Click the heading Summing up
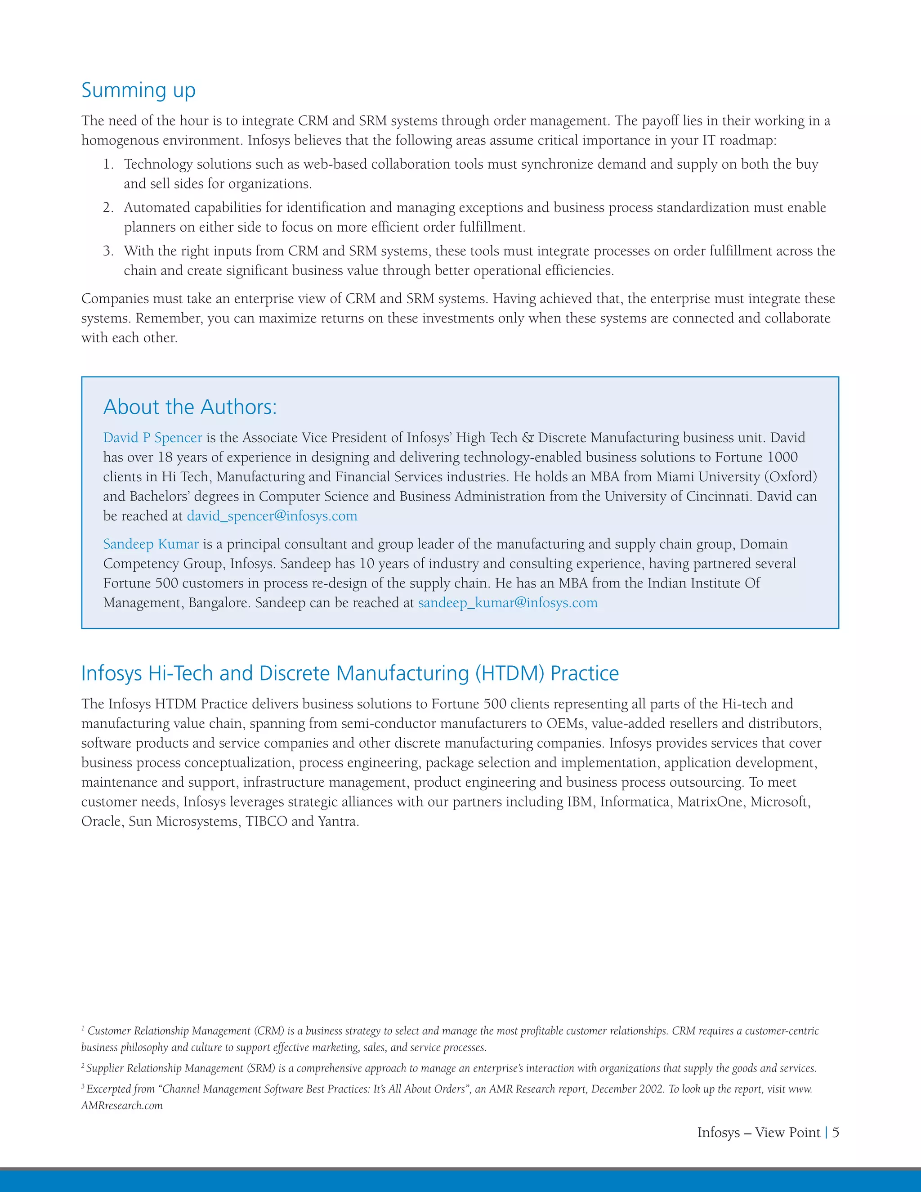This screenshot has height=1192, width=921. pos(138,90)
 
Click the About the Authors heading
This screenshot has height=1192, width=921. pos(190,407)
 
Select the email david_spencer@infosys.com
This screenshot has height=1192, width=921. pos(272,516)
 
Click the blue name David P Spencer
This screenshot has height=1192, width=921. pos(152,438)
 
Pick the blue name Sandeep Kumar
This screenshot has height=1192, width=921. pos(151,544)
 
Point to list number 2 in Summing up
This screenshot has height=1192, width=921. pos(108,208)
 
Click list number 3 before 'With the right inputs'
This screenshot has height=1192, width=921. pos(108,251)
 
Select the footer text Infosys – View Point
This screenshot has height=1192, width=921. pos(758,1133)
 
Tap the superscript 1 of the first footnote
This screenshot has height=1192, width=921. pos(83,1028)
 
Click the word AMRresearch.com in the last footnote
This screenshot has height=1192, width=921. pos(122,1106)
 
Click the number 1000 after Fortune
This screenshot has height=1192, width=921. pos(782,457)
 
